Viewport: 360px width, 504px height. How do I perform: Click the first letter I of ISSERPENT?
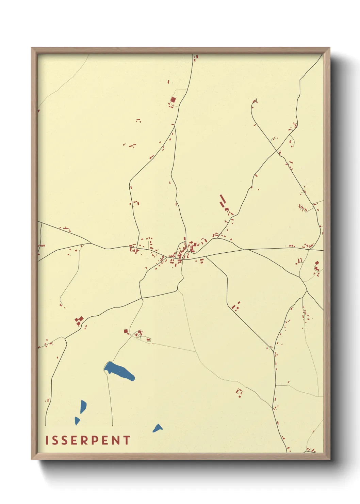coord(47,440)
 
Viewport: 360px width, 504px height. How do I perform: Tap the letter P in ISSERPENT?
coord(94,440)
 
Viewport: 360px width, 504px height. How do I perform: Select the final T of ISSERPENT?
coord(127,440)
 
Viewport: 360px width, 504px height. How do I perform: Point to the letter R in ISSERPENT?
coord(84,440)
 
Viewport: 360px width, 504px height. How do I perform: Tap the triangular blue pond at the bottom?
coord(158,428)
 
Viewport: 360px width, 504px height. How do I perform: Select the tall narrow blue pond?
coord(83,406)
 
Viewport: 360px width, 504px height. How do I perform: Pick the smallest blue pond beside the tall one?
coord(77,421)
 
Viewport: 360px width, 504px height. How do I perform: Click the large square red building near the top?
coord(173,100)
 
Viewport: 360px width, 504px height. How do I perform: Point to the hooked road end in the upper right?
coord(254,101)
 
